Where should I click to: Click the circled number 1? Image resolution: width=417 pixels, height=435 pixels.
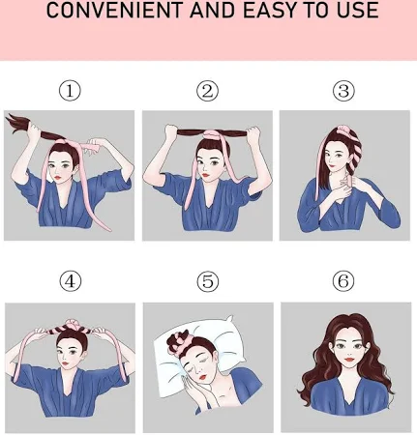[70, 91]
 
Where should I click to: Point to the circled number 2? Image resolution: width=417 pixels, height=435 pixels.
[207, 91]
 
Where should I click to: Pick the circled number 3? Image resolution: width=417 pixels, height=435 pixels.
[343, 91]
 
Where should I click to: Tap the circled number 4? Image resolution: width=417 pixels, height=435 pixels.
[71, 281]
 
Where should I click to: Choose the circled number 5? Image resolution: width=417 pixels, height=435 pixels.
[208, 281]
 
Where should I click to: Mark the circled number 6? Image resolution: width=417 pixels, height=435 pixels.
[343, 281]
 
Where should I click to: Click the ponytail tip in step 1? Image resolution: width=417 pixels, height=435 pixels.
[8, 115]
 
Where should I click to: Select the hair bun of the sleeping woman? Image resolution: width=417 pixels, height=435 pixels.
[178, 343]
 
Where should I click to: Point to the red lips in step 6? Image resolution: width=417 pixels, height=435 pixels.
[349, 359]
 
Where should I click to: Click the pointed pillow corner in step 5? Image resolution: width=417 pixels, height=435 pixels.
[230, 317]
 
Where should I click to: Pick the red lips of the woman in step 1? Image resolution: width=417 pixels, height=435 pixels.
[57, 177]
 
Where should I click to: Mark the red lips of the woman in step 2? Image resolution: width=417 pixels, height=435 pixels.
[206, 176]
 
